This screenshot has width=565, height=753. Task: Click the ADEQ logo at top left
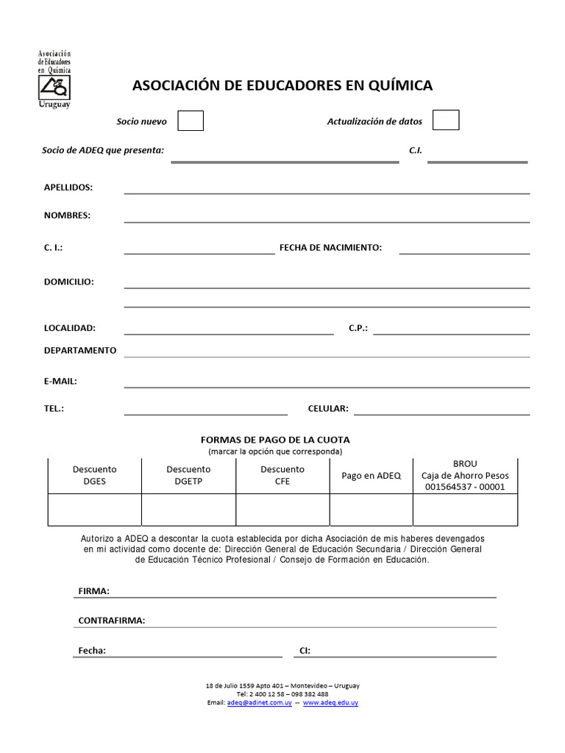tap(55, 79)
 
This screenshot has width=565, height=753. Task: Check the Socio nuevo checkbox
tap(191, 121)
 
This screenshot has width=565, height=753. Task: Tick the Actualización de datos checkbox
tap(445, 121)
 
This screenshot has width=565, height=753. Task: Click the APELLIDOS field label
tap(68, 188)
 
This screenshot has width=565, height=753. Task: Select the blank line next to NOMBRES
tap(327, 218)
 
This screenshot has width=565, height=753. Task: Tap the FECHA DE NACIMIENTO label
tap(330, 248)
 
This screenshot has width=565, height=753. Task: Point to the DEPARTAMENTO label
tap(80, 350)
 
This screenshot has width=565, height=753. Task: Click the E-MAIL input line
tap(327, 383)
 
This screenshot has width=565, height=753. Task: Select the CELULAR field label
tap(328, 408)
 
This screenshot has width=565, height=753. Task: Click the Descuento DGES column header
tap(94, 475)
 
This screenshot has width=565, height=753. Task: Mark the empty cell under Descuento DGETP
tap(188, 510)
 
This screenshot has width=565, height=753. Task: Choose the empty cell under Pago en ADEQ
tap(371, 510)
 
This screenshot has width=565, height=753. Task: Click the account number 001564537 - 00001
tap(465, 487)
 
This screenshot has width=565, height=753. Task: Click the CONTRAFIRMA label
tap(112, 620)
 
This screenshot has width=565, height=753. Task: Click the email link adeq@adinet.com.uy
tap(260, 703)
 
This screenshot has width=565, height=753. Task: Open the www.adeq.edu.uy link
tap(330, 703)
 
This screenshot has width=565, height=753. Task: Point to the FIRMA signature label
tap(93, 591)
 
